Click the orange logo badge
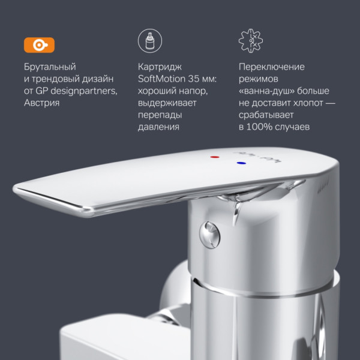tap(38, 45)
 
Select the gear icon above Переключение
tap(251, 41)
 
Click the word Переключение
tap(271, 67)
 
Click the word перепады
tap(154, 115)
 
